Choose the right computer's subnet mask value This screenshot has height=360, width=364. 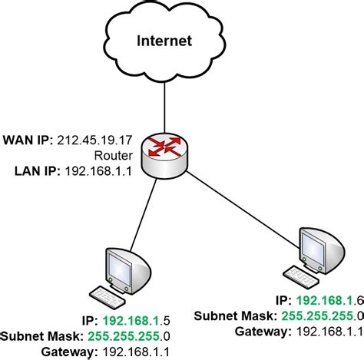click(322, 315)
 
